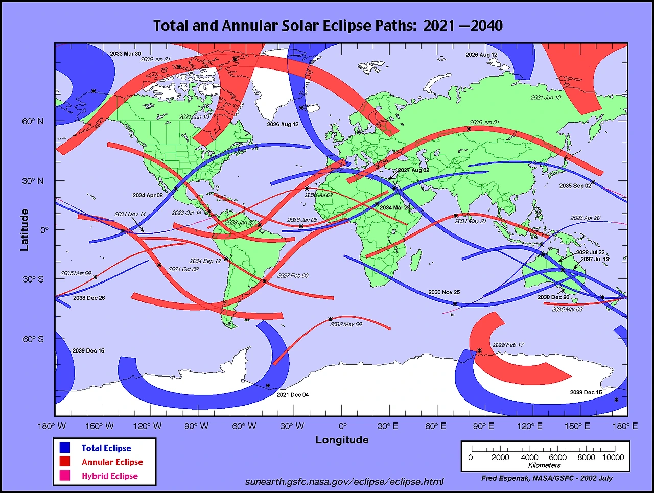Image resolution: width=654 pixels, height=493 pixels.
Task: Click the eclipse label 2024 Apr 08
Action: [x=148, y=195]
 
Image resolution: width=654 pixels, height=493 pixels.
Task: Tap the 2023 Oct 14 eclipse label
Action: [x=186, y=213]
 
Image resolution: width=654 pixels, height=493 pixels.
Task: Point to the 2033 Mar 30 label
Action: [x=125, y=54]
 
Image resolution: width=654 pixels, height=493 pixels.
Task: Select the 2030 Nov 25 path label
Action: [x=443, y=292]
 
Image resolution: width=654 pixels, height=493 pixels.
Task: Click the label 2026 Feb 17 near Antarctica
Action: [x=508, y=345]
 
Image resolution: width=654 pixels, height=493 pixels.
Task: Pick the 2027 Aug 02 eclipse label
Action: [x=413, y=170]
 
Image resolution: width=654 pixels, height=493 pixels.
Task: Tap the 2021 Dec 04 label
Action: [x=292, y=394]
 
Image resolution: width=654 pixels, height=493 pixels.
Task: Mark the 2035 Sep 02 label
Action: [x=575, y=186]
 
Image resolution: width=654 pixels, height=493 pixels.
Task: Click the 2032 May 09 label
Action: [x=346, y=324]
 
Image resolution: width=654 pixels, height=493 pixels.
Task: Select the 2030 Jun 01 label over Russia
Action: [x=484, y=123]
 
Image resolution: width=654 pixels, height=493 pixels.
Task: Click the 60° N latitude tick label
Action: [x=33, y=121]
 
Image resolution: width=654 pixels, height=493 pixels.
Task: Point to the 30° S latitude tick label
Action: [x=33, y=279]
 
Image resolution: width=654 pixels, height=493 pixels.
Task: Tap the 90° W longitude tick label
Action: [x=196, y=426]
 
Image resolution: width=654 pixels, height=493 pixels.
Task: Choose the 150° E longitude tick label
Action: [x=577, y=426]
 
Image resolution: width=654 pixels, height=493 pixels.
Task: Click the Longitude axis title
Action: [x=342, y=440]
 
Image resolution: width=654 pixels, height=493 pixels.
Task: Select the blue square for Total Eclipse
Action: [x=65, y=448]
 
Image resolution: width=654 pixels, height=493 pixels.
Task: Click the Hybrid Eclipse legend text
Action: [x=110, y=476]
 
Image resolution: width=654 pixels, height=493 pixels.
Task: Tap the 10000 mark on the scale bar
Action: [x=613, y=457]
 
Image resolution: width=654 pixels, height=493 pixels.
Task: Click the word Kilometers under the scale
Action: [x=544, y=465]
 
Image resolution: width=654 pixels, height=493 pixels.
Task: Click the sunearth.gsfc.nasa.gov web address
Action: [x=344, y=481]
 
